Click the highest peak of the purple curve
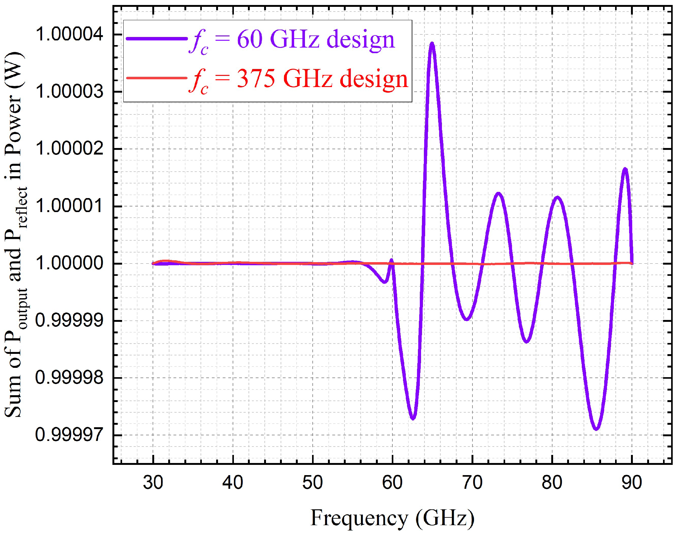coord(432,44)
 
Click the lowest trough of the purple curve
coord(596,429)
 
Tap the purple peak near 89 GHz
coord(625,169)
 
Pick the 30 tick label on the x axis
coord(153,483)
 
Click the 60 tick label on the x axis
coord(392,483)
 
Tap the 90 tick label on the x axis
coord(632,483)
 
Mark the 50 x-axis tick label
coord(313,483)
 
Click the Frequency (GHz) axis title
coord(392,517)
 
